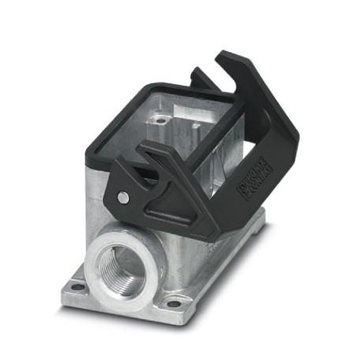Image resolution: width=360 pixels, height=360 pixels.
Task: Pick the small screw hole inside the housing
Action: [161, 120]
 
